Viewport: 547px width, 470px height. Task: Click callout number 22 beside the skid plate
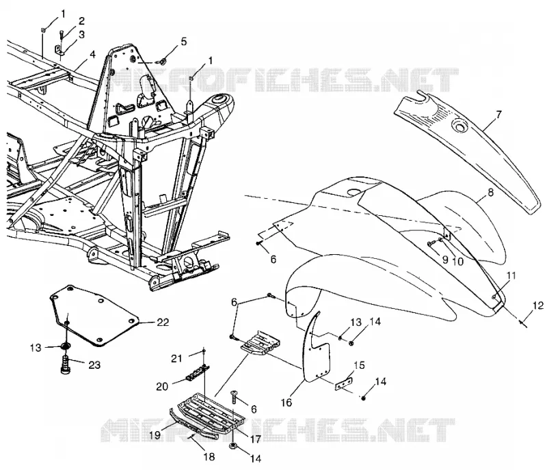click(163, 322)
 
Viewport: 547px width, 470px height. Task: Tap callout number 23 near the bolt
click(94, 365)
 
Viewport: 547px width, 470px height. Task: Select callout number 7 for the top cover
click(499, 114)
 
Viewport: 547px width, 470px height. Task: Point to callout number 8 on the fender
click(491, 193)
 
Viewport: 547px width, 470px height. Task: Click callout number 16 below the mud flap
click(286, 402)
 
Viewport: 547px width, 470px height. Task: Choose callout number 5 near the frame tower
click(183, 42)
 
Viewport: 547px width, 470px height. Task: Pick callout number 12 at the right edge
click(538, 306)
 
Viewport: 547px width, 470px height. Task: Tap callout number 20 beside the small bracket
click(162, 387)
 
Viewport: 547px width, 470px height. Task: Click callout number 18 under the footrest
click(209, 457)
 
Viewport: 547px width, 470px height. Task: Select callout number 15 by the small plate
click(359, 365)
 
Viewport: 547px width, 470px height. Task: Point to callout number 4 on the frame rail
click(92, 55)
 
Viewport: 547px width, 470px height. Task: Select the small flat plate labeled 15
click(344, 383)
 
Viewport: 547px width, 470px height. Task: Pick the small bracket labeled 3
click(59, 50)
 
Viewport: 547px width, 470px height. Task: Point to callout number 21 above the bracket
click(176, 358)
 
